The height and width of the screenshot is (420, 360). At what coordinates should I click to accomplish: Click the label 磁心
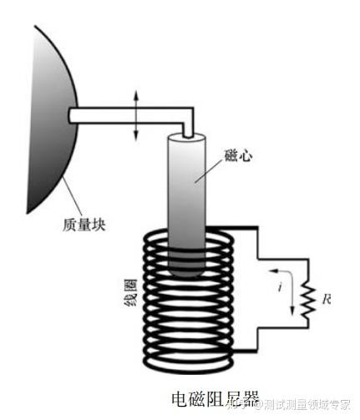[x=239, y=155]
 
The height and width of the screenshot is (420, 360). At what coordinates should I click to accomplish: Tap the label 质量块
[x=84, y=225]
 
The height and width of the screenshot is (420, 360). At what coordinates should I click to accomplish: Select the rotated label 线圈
[x=130, y=292]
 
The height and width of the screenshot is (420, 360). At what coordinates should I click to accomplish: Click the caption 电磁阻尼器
[x=215, y=399]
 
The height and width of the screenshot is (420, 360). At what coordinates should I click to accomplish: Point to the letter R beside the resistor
[x=327, y=299]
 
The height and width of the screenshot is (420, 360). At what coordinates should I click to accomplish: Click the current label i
[x=281, y=286]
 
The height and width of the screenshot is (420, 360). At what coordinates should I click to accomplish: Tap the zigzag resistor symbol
[x=308, y=300]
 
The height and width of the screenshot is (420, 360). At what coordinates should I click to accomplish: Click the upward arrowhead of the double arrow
[x=136, y=95]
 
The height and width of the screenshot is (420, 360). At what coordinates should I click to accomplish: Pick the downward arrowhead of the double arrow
[x=136, y=135]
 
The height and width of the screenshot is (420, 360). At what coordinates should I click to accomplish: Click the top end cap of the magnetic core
[x=187, y=137]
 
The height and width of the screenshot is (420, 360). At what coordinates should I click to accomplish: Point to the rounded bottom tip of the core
[x=187, y=273]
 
